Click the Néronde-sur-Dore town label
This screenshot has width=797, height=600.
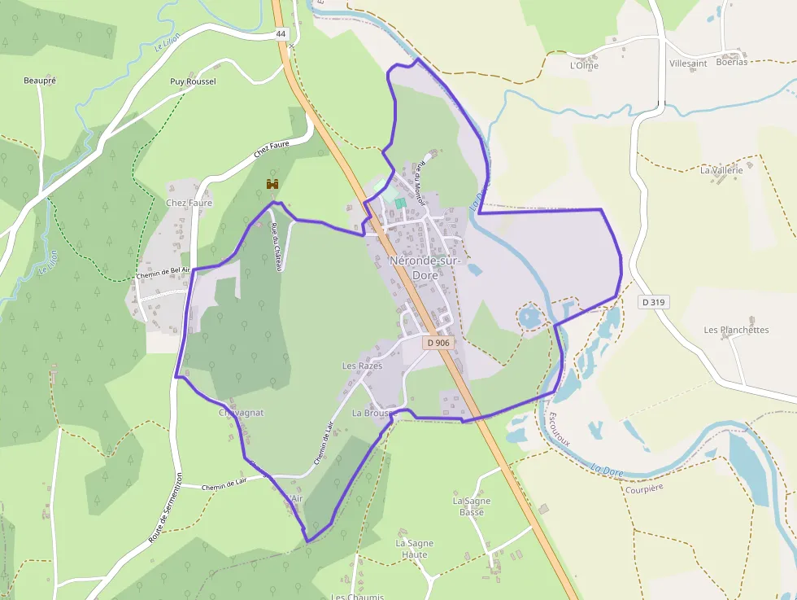425,268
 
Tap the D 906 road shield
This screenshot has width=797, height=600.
438,343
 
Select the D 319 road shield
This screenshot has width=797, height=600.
653,302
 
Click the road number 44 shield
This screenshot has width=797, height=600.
281,33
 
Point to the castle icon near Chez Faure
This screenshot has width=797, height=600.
272,186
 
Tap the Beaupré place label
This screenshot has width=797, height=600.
40,81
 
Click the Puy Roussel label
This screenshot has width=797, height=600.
193,81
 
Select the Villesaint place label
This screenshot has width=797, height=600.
688,63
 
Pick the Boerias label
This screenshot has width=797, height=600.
732,62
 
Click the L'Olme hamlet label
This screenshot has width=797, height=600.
584,66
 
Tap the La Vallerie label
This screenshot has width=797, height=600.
721,170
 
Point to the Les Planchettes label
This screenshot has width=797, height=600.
736,330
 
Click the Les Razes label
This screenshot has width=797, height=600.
362,366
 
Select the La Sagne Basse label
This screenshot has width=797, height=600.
472,506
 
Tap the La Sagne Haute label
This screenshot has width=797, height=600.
415,549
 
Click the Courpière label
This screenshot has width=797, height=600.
644,488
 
